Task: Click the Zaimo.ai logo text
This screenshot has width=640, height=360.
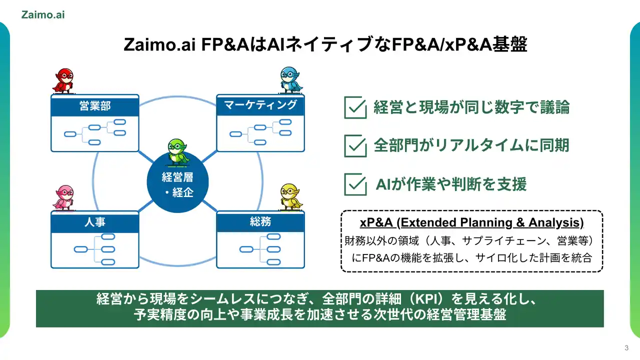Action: pyautogui.click(x=43, y=15)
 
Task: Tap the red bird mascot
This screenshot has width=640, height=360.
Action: pyautogui.click(x=63, y=81)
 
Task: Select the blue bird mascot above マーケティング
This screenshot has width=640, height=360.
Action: pyautogui.click(x=290, y=80)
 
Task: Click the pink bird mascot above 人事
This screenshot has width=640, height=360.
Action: pyautogui.click(x=64, y=198)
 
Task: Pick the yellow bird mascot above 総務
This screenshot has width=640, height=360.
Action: pyautogui.click(x=291, y=197)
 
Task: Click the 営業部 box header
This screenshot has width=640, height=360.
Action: pyautogui.click(x=95, y=105)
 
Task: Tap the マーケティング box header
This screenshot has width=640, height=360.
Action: pyautogui.click(x=260, y=105)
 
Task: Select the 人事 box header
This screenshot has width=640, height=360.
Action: pyautogui.click(x=95, y=222)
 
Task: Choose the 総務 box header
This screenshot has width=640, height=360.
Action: pyautogui.click(x=260, y=221)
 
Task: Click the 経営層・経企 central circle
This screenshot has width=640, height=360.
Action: pyautogui.click(x=177, y=182)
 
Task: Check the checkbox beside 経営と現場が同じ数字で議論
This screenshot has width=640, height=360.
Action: pyautogui.click(x=355, y=107)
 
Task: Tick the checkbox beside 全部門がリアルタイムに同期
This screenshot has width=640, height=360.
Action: pyautogui.click(x=355, y=145)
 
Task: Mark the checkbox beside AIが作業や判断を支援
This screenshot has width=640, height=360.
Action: pyautogui.click(x=355, y=184)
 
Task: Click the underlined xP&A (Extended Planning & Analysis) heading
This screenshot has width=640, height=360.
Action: pyautogui.click(x=471, y=222)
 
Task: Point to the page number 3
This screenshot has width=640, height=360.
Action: pyautogui.click(x=626, y=347)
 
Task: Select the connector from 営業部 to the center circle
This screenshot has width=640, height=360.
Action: pyautogui.click(x=146, y=157)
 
